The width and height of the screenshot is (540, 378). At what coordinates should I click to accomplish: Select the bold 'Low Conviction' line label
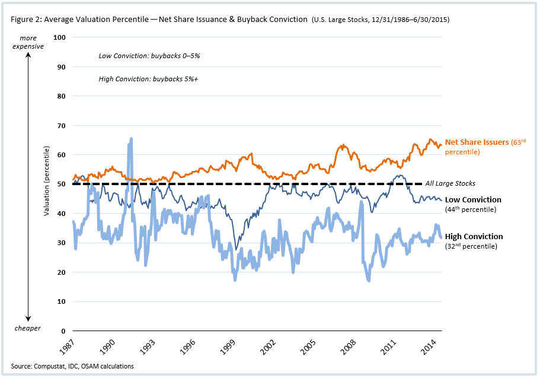tap(473, 200)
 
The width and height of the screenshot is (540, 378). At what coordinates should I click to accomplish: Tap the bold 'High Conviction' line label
tap(474, 237)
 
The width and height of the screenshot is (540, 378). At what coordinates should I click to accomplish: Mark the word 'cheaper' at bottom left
tap(28, 328)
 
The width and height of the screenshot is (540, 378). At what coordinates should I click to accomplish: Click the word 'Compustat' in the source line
tap(49, 366)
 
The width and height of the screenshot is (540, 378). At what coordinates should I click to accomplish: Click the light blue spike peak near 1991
tap(130, 139)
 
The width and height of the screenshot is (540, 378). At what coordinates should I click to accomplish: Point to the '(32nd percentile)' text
tap(471, 246)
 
